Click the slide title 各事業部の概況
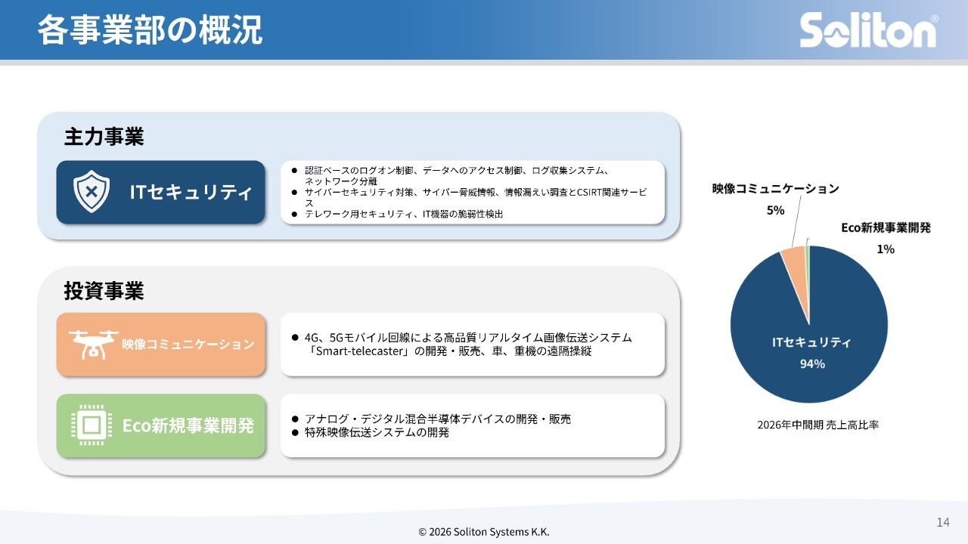point(150,29)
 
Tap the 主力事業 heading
point(104,137)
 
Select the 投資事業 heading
point(104,291)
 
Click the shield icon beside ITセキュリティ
point(92,191)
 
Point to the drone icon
point(93,345)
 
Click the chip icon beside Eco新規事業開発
point(92,425)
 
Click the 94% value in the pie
point(812,364)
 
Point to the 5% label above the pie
point(775,210)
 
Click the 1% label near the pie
point(886,249)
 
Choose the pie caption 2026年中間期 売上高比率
point(818,425)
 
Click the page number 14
point(943,522)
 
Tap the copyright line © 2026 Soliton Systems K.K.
point(484,532)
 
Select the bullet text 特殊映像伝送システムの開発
point(377,432)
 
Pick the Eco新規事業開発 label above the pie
point(886,227)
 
